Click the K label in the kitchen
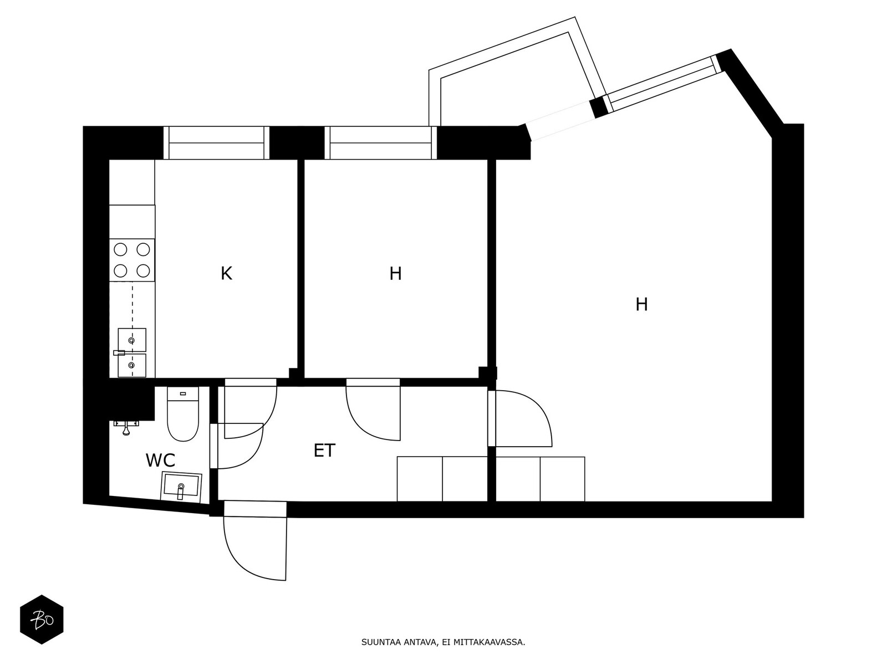click(226, 273)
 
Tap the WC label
click(160, 460)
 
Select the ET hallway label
click(324, 451)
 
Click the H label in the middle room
click(396, 273)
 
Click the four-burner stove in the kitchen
click(132, 260)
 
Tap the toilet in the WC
click(182, 413)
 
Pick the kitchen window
click(216, 143)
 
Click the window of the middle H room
click(381, 143)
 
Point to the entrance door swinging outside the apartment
click(255, 541)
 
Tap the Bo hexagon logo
click(42, 620)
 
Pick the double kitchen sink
click(132, 352)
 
